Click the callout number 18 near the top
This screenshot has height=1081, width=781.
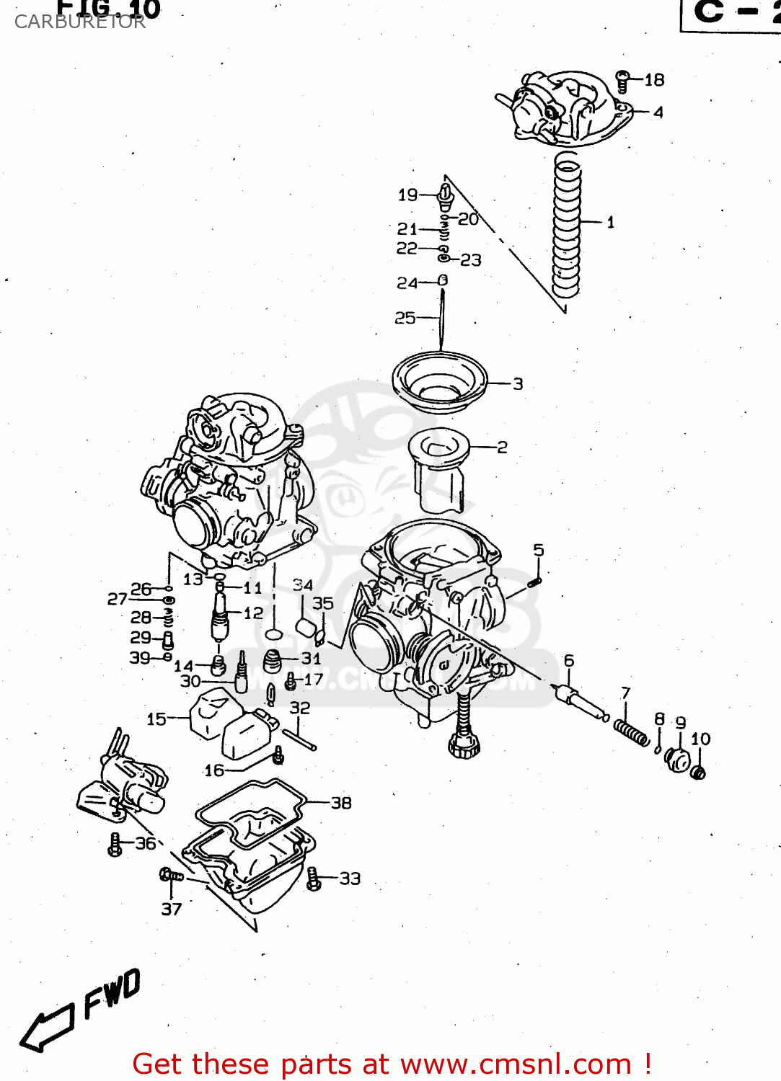tap(654, 80)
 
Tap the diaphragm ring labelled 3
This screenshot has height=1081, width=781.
tap(439, 381)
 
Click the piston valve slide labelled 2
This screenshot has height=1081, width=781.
tap(438, 468)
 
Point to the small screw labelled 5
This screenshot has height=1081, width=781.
tap(534, 579)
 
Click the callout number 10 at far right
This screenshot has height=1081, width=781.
tap(700, 739)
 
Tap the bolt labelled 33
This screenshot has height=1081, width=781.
tap(313, 878)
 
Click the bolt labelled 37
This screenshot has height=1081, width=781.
tap(171, 876)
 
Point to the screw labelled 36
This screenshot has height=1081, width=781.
tap(115, 845)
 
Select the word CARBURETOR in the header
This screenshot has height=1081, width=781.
tap(80, 22)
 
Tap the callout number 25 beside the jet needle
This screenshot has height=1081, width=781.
tap(405, 318)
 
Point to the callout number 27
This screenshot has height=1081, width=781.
tap(117, 599)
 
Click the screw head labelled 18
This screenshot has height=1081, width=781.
tap(624, 80)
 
